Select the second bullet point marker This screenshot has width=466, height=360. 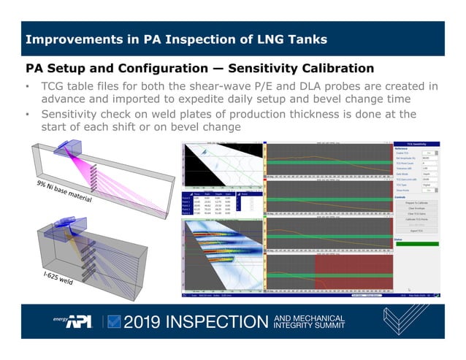coord(27,114)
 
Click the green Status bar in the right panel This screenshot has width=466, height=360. coord(418,243)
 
